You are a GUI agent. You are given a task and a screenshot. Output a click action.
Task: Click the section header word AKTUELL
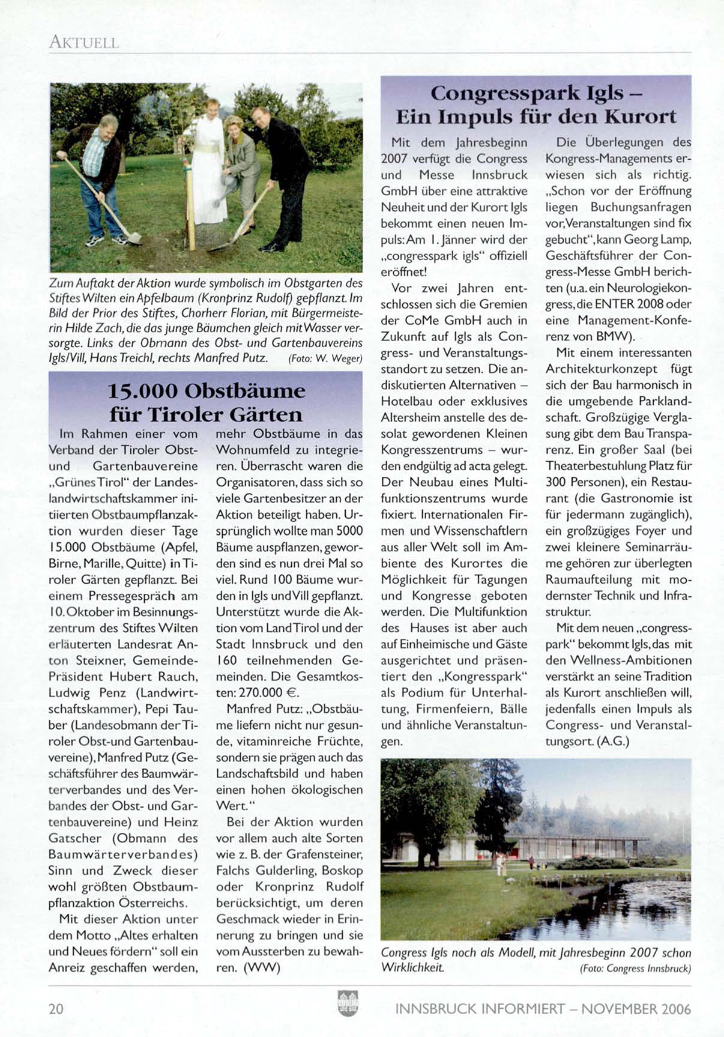coord(84,42)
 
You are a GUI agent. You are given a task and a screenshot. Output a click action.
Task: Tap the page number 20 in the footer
coord(56,1008)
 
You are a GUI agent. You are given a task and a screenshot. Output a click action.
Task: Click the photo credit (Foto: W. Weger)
coord(325,359)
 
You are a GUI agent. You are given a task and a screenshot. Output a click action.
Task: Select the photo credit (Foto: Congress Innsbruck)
coord(635,969)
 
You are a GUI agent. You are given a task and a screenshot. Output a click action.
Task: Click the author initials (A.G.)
coord(613,742)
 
